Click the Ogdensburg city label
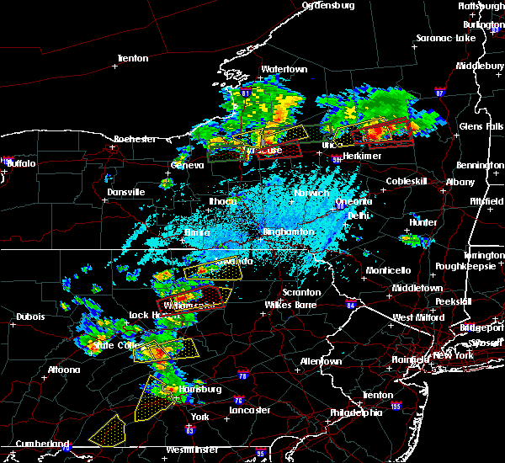click(x=328, y=5)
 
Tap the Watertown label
click(x=260, y=69)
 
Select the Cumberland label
click(x=35, y=444)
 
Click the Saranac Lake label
click(x=447, y=39)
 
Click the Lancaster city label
click(x=250, y=410)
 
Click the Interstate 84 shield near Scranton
click(x=351, y=304)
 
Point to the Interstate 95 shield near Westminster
click(x=261, y=453)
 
